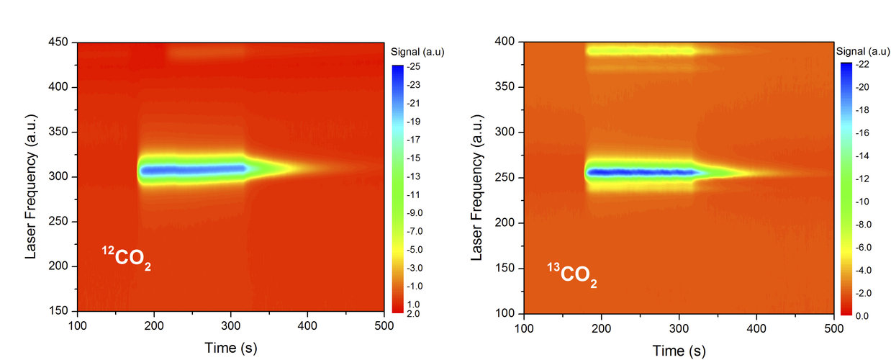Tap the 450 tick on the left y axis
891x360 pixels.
[x=60, y=42]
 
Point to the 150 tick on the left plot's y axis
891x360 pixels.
[x=60, y=311]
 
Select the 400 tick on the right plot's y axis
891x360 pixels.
[x=507, y=42]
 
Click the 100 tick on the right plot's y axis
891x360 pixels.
[x=507, y=314]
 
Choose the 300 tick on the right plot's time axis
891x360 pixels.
[x=679, y=328]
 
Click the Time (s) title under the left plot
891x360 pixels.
[x=230, y=348]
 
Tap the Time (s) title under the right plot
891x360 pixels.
[x=678, y=351]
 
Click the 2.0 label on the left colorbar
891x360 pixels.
[x=416, y=314]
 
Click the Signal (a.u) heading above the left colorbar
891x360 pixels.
[x=412, y=52]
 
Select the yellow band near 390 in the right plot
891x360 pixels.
[x=641, y=50]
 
